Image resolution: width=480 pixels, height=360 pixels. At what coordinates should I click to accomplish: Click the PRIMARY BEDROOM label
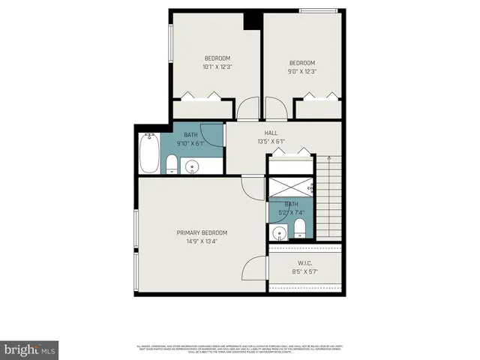click(x=202, y=232)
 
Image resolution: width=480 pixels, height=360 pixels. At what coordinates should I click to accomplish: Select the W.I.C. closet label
click(x=304, y=262)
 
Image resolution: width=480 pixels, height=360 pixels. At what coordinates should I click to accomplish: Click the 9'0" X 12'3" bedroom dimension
click(x=302, y=72)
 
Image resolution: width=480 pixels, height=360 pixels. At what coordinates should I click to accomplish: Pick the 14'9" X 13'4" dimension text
click(x=202, y=241)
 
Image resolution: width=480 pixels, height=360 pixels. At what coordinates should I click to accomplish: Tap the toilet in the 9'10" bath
click(x=172, y=163)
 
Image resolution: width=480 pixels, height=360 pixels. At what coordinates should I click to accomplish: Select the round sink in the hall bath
click(x=193, y=166)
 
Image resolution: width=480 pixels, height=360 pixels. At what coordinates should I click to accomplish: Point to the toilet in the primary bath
click(x=300, y=226)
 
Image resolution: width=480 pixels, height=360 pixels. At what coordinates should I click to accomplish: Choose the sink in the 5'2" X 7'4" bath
click(x=280, y=228)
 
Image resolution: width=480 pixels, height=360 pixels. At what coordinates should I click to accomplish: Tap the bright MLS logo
click(x=30, y=349)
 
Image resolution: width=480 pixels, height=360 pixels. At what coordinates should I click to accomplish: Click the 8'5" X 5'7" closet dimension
click(x=304, y=271)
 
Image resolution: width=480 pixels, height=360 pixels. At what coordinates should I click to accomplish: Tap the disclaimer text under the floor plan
click(x=239, y=347)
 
